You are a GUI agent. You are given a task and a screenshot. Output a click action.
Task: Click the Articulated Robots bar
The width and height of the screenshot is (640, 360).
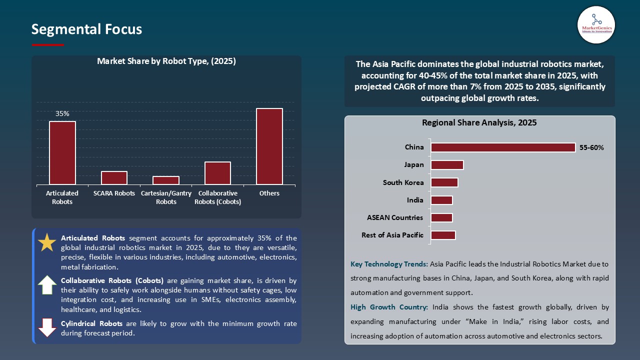click(x=62, y=153)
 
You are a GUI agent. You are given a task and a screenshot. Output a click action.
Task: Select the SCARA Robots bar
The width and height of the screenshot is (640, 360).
click(x=114, y=178)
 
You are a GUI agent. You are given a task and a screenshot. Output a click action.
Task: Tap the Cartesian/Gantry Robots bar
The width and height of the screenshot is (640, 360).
click(x=166, y=180)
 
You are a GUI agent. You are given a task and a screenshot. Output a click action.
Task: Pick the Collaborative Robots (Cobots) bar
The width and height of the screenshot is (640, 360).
click(x=217, y=173)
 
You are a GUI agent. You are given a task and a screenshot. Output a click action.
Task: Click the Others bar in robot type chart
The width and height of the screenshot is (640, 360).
click(x=269, y=146)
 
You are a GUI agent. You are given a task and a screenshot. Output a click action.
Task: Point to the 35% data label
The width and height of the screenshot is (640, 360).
click(x=62, y=114)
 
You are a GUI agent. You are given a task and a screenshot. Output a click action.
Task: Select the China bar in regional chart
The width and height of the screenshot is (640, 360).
click(x=503, y=147)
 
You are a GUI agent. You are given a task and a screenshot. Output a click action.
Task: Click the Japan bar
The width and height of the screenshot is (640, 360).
click(x=447, y=165)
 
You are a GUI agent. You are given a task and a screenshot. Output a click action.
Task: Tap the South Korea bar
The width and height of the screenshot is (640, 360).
click(x=444, y=182)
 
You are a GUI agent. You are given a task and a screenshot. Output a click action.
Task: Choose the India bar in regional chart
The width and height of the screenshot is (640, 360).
click(x=441, y=200)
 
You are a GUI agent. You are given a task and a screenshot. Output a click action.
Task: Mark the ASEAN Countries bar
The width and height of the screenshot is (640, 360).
click(x=441, y=217)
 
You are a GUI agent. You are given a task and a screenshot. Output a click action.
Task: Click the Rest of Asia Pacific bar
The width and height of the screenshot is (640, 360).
click(x=443, y=235)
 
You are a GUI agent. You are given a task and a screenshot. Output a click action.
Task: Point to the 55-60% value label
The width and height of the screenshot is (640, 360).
click(x=591, y=148)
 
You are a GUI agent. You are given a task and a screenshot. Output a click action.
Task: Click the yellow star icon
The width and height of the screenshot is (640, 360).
click(x=47, y=242)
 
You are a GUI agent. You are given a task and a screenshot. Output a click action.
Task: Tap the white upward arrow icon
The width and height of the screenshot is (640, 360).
click(x=47, y=284)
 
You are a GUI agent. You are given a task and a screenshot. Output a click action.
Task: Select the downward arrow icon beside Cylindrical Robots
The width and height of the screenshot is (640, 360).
click(x=47, y=327)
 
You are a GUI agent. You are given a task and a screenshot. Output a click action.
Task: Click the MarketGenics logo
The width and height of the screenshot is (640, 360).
click(x=596, y=24)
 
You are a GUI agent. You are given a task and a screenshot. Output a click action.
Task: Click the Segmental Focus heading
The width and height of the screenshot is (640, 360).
click(x=86, y=29)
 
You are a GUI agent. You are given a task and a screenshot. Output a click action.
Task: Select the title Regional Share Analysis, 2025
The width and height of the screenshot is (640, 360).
click(x=479, y=123)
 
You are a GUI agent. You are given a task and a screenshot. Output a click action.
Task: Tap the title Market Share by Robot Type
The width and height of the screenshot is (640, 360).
click(x=166, y=61)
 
